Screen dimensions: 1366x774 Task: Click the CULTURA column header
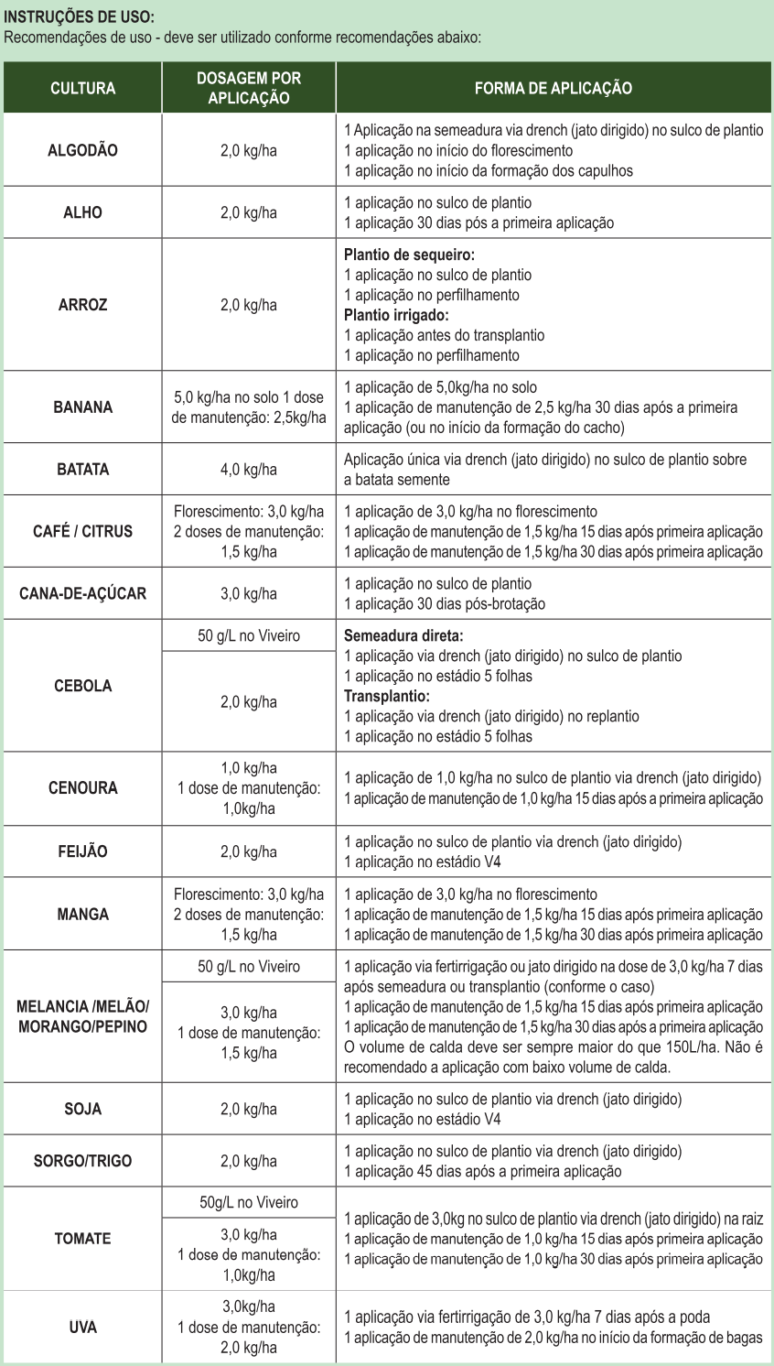pos(82,88)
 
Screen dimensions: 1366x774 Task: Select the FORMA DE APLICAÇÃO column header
pos(553,88)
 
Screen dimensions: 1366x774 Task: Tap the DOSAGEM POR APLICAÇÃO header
pos(248,88)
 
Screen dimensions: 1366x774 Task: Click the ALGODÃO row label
pos(82,150)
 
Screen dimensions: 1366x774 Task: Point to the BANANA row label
pos(82,407)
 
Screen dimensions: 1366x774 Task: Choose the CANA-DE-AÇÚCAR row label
pos(82,593)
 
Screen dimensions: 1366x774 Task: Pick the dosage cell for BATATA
pos(248,470)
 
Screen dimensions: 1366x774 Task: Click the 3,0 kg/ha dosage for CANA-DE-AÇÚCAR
pos(248,593)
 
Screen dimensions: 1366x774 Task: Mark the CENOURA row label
pos(82,787)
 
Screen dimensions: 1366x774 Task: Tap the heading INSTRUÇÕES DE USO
pos(80,17)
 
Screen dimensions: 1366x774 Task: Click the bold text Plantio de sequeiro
pos(409,255)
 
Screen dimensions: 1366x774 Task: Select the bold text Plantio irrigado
pos(396,315)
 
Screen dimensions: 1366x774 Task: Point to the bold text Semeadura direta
pos(403,635)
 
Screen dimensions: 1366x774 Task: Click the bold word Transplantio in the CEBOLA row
pos(386,696)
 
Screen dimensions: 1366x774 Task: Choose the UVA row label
pos(82,1327)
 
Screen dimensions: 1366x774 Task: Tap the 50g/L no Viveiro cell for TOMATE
pos(248,1202)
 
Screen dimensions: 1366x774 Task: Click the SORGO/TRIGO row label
pos(82,1161)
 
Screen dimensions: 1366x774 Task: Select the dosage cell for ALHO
pos(248,212)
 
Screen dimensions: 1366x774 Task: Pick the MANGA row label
pos(82,914)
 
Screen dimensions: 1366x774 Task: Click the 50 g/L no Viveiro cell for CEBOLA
pos(248,635)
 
